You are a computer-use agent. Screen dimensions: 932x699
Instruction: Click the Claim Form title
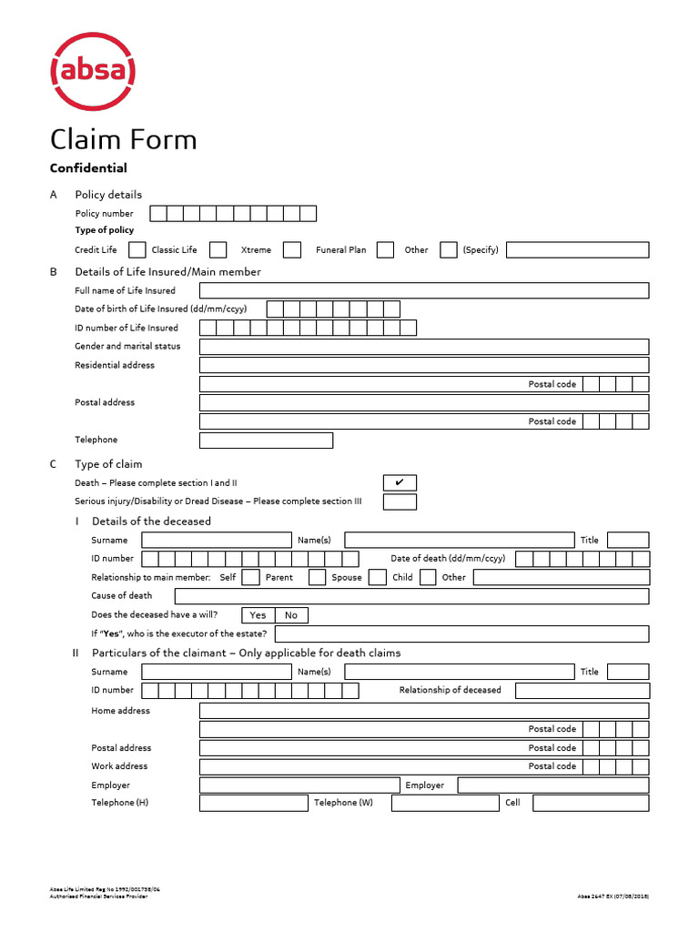pyautogui.click(x=123, y=139)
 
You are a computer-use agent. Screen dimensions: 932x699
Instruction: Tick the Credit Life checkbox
pyautogui.click(x=137, y=249)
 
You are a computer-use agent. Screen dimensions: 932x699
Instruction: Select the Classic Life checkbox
pyautogui.click(x=218, y=249)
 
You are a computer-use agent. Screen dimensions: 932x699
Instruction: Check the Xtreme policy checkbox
pyautogui.click(x=292, y=249)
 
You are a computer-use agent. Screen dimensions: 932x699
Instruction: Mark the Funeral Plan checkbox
pyautogui.click(x=385, y=249)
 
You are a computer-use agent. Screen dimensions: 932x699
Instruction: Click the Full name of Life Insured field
pyautogui.click(x=423, y=290)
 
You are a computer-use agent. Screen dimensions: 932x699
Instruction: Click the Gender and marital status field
pyautogui.click(x=423, y=347)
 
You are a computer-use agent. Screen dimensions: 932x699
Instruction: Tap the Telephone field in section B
pyautogui.click(x=266, y=441)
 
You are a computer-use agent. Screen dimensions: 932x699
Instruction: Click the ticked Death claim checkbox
pyautogui.click(x=400, y=482)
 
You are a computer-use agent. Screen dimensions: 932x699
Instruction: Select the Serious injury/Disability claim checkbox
pyautogui.click(x=400, y=501)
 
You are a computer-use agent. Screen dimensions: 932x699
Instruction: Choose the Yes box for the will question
pyautogui.click(x=258, y=615)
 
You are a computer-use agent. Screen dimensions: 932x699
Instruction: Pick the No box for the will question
pyautogui.click(x=291, y=615)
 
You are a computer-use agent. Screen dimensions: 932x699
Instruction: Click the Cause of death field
pyautogui.click(x=411, y=596)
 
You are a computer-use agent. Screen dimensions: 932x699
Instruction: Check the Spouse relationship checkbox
pyautogui.click(x=378, y=577)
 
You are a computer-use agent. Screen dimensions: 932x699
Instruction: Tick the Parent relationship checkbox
pyautogui.click(x=317, y=577)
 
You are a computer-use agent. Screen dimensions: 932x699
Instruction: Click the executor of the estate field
pyautogui.click(x=461, y=633)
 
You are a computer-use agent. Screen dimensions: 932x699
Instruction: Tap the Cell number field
pyautogui.click(x=591, y=803)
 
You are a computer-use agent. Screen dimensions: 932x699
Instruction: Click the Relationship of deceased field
pyautogui.click(x=582, y=691)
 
